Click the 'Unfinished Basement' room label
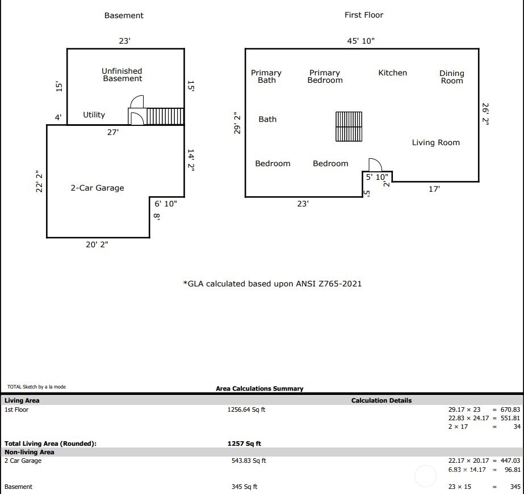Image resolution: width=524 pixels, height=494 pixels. pyautogui.click(x=122, y=75)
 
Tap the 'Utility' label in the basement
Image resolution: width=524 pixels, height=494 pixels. pyautogui.click(x=94, y=115)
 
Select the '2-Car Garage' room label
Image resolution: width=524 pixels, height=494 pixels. pyautogui.click(x=97, y=188)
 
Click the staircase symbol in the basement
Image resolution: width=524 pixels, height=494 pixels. pyautogui.click(x=165, y=116)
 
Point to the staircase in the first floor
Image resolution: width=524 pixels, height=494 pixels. pyautogui.click(x=349, y=126)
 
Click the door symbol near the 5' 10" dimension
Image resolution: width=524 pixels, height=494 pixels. pyautogui.click(x=375, y=164)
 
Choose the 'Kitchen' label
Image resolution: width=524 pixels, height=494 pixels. pyautogui.click(x=392, y=73)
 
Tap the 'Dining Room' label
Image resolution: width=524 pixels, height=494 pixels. pyautogui.click(x=451, y=77)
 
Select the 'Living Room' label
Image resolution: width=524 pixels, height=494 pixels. pyautogui.click(x=435, y=142)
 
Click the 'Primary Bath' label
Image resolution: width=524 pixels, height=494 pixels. pyautogui.click(x=266, y=77)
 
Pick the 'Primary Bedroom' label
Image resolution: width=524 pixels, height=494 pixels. pyautogui.click(x=325, y=77)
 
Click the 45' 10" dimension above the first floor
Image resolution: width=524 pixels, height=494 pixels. pyautogui.click(x=361, y=41)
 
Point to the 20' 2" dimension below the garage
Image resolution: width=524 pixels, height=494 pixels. pyautogui.click(x=97, y=244)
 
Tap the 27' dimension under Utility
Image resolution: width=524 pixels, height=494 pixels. pyautogui.click(x=113, y=132)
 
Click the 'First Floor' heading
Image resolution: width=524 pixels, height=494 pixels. pyautogui.click(x=364, y=15)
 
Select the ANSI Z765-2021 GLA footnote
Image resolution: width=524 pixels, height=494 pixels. pyautogui.click(x=272, y=283)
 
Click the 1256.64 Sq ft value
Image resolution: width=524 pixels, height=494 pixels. pyautogui.click(x=246, y=409)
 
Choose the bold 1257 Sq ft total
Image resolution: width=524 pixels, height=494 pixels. pyautogui.click(x=244, y=444)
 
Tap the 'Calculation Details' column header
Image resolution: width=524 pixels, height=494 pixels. pyautogui.click(x=382, y=400)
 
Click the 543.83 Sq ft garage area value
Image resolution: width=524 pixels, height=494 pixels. pyautogui.click(x=246, y=461)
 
